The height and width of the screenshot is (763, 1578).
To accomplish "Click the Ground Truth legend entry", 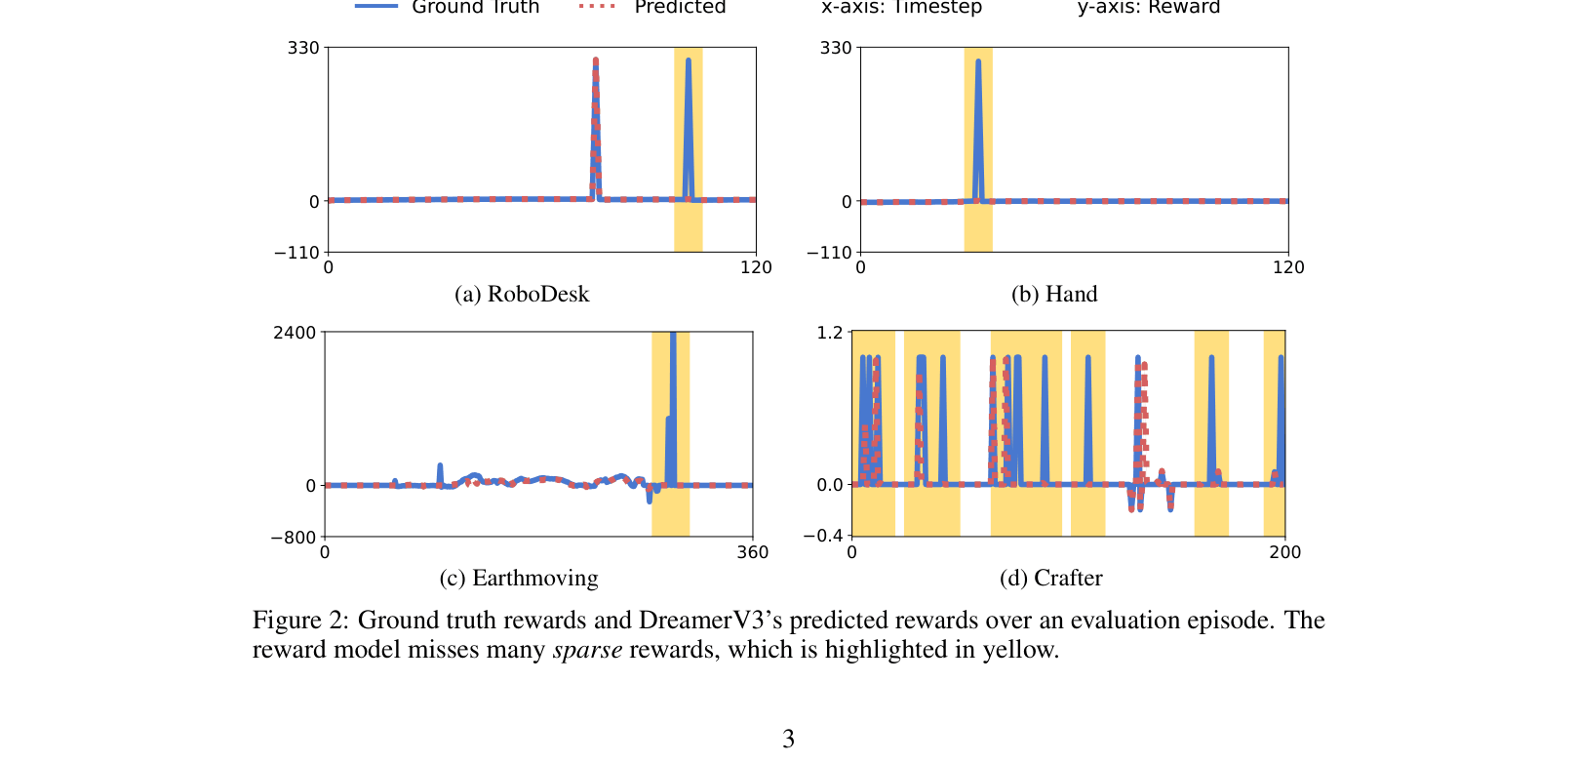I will (x=475, y=8).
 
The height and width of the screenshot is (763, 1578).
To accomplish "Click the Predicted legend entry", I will (x=679, y=8).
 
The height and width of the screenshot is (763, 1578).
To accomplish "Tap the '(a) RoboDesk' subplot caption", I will (x=522, y=295).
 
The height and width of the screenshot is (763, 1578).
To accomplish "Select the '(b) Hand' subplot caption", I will (x=1053, y=295).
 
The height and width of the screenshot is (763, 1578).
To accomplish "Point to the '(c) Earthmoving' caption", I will (x=519, y=579).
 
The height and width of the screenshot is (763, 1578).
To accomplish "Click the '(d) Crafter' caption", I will (x=1050, y=579).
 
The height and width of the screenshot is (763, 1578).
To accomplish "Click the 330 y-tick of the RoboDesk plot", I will (x=302, y=48).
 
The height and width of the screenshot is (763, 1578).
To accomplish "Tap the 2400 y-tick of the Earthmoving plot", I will (x=295, y=333).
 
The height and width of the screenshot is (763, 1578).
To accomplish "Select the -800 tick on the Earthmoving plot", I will (x=293, y=537).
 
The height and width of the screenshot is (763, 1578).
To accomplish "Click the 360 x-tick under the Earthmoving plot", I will (x=752, y=552).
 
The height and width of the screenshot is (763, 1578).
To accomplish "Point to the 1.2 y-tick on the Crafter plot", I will (x=829, y=333).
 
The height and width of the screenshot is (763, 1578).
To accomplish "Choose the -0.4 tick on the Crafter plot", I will (x=822, y=536).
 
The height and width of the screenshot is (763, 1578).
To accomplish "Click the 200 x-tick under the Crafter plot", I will (x=1284, y=552).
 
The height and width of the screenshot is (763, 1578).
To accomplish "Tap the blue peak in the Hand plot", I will (x=978, y=62).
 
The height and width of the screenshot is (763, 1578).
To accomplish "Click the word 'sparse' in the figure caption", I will (x=587, y=650).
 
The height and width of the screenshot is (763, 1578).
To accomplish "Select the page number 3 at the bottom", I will (x=788, y=740).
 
